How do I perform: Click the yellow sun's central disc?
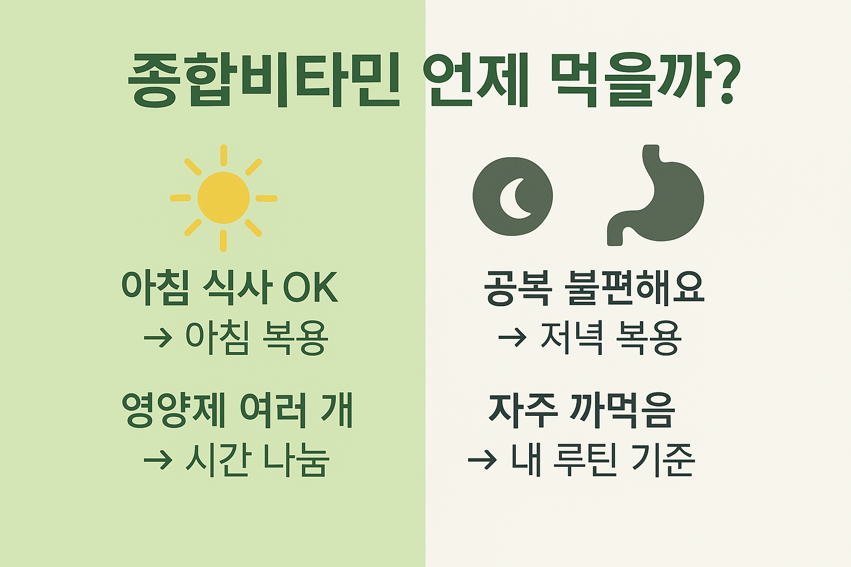tap(223, 198)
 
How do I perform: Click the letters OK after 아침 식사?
tap(310, 288)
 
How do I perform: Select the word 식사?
tap(237, 288)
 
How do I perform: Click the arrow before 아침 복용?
tap(158, 337)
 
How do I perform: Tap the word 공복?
tap(517, 288)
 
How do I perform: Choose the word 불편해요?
tap(634, 288)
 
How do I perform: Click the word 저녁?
tap(571, 337)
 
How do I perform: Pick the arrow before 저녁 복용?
tap(512, 337)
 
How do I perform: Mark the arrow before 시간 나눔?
tap(158, 460)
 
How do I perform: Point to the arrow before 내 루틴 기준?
tap(482, 460)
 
